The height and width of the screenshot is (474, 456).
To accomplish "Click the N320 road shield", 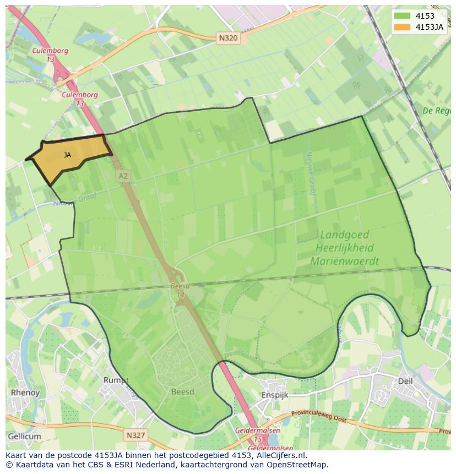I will click(x=223, y=39).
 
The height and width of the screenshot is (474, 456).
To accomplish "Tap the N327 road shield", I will click(x=135, y=435).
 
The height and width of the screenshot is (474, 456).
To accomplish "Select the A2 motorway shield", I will click(x=123, y=176).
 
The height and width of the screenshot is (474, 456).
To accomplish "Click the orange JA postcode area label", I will click(x=67, y=155).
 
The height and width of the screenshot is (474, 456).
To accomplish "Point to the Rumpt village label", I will click(x=116, y=380).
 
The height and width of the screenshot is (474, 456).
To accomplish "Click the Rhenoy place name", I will click(x=25, y=393).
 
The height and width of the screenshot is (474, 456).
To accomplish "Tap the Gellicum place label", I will click(x=24, y=437).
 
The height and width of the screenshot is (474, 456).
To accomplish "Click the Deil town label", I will click(x=405, y=380).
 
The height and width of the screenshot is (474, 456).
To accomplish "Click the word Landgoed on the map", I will click(x=344, y=235).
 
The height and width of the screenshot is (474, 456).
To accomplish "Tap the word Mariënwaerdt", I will click(x=345, y=261).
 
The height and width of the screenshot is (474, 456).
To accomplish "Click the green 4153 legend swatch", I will click(x=403, y=16).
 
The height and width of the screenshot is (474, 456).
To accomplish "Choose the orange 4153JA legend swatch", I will click(x=403, y=27).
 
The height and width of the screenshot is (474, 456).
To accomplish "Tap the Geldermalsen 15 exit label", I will click(x=258, y=434).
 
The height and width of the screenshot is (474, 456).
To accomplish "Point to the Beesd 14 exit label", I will click(x=180, y=290).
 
